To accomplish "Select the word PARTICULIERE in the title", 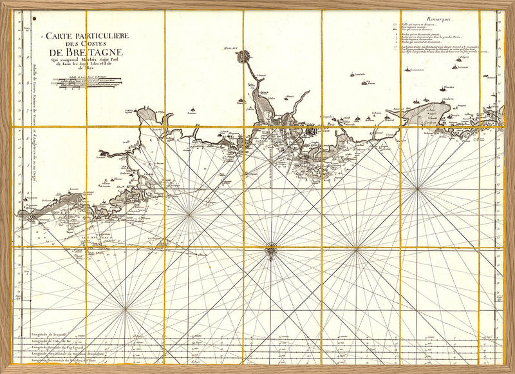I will pyautogui.click(x=97, y=36).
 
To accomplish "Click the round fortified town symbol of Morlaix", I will pyautogui.click(x=244, y=57).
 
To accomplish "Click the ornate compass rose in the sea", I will pyautogui.click(x=271, y=247).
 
